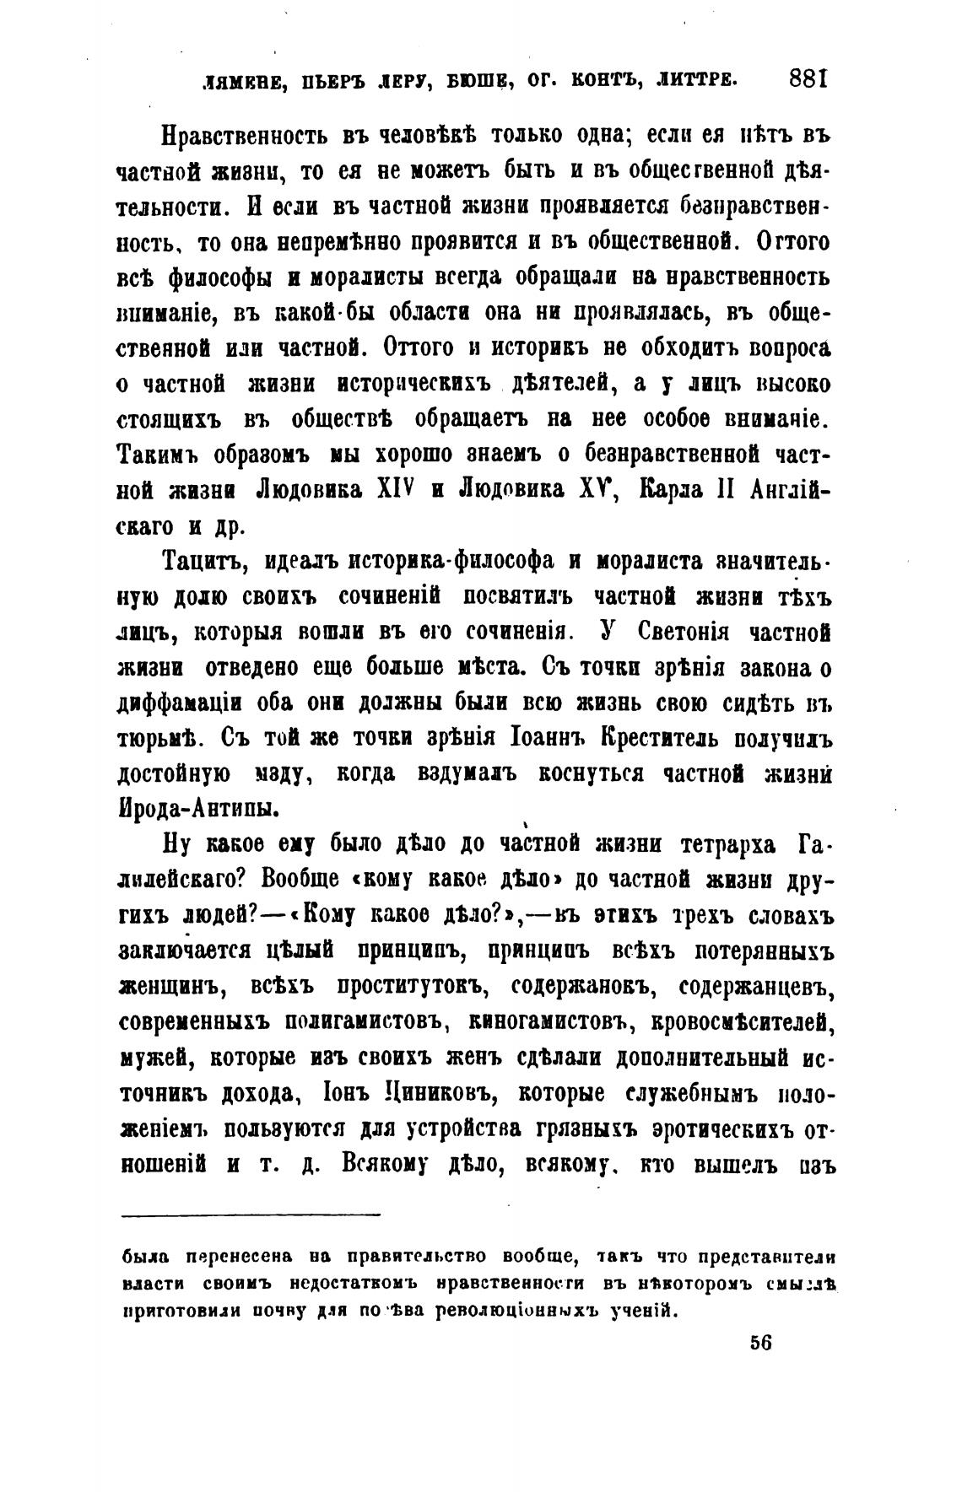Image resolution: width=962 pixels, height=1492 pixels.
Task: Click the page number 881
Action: click(810, 79)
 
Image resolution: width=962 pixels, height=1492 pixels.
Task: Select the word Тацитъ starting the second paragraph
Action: click(201, 559)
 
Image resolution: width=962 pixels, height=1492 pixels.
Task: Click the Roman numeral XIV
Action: click(392, 489)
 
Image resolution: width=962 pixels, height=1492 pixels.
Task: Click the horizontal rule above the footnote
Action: click(251, 1215)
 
